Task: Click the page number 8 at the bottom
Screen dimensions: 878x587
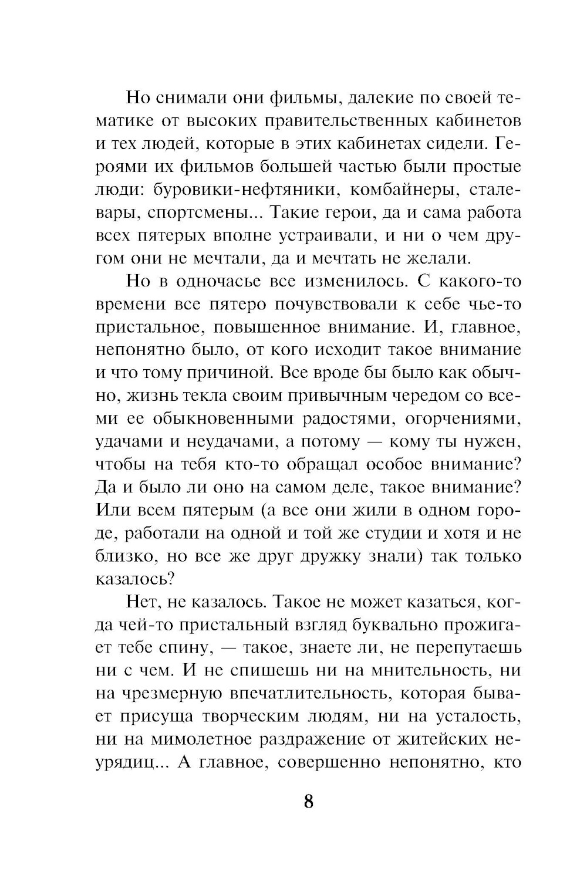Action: click(x=308, y=802)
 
